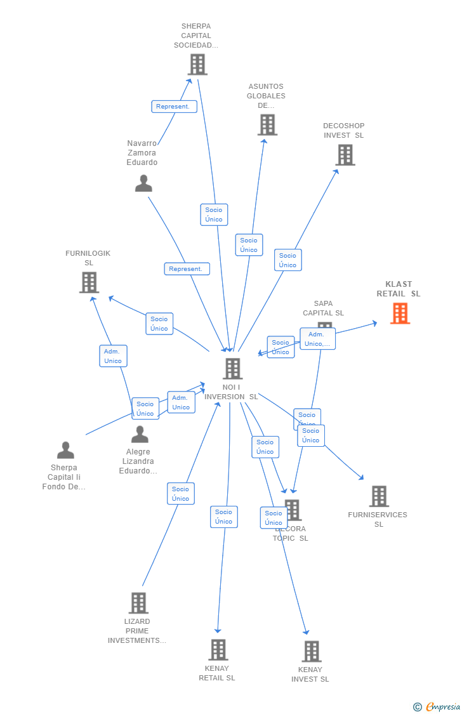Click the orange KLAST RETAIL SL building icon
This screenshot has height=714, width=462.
(400, 314)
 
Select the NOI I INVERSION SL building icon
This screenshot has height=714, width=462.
(232, 369)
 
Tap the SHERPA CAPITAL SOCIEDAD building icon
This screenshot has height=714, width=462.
(197, 64)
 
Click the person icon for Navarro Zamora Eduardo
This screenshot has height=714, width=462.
(143, 183)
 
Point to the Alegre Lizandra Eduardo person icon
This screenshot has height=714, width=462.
(140, 435)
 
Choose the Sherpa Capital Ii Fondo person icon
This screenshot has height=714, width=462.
(65, 451)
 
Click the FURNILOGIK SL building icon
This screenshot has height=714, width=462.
(89, 282)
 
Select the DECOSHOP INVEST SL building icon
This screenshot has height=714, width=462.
(345, 155)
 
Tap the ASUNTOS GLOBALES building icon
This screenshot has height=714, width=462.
(267, 125)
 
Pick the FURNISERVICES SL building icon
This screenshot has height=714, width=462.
(379, 496)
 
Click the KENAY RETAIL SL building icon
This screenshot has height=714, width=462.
(218, 650)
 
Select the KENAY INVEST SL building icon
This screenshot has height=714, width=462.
(311, 651)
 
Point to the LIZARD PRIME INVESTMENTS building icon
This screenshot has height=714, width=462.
(138, 603)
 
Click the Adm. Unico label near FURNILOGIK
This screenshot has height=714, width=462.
(113, 356)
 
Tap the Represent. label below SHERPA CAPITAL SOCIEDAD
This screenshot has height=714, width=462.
(174, 107)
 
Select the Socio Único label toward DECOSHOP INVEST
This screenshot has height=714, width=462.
(287, 260)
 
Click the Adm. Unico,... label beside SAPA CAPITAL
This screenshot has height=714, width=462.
(317, 339)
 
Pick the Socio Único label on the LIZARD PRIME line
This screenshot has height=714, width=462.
(181, 494)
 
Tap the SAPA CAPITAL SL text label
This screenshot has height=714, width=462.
(323, 308)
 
